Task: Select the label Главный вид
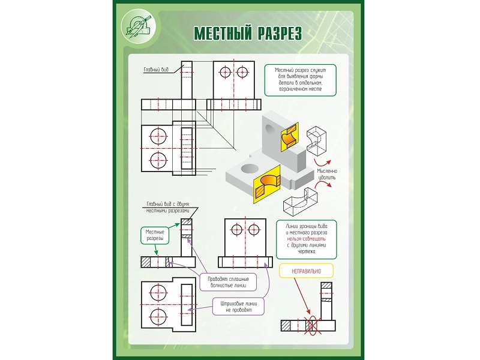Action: point(155,70)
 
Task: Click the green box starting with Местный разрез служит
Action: point(301,80)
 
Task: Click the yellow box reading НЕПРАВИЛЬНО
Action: point(306,271)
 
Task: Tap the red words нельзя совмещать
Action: point(307,239)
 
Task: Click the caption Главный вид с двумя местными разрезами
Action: point(167,207)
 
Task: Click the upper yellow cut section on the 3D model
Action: point(289,136)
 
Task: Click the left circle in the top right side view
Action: point(226,73)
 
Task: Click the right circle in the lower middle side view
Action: point(254,229)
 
